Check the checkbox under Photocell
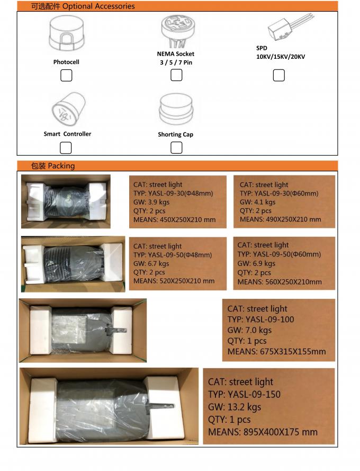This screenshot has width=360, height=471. [66, 76]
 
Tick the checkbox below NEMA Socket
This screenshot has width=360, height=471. [176, 75]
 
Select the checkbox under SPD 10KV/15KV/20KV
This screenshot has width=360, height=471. [278, 75]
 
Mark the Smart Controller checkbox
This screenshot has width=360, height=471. [66, 147]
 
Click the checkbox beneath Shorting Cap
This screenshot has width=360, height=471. [176, 148]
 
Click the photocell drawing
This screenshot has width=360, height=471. [66, 35]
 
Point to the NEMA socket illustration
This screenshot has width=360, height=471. [176, 31]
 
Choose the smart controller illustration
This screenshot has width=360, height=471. [67, 109]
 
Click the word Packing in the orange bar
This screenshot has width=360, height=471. [61, 166]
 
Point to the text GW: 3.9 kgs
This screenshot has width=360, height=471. [151, 202]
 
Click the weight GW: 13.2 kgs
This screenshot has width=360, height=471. [235, 407]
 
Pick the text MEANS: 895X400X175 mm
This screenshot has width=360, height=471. [263, 432]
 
